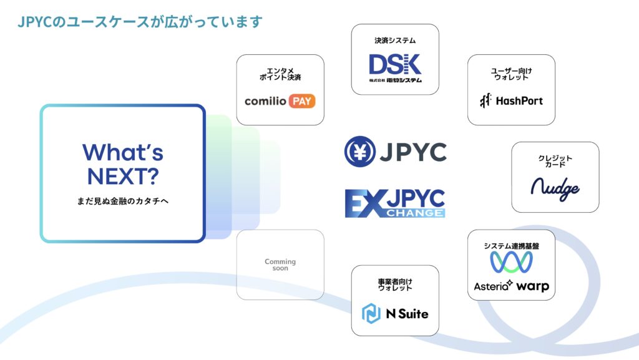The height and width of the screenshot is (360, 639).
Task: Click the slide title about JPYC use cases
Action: pos(140,22)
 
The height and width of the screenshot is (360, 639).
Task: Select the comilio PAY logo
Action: pos(280,100)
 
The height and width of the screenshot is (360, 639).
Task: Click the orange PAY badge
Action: pos(302,100)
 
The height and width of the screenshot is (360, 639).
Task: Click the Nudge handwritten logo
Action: pos(555,188)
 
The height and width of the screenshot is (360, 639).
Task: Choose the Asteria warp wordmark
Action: pos(511,286)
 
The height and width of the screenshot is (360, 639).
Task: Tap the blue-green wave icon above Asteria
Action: pos(511,262)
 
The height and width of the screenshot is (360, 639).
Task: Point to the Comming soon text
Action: pos(280,265)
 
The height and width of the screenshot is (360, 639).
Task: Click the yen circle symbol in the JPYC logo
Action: pos(359,152)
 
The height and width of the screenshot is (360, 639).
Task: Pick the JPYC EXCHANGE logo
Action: pos(394,204)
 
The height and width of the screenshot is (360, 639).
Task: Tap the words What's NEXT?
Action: pos(122,164)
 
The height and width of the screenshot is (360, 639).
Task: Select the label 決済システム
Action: pos(395,41)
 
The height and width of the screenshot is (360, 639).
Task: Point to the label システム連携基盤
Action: pos(511,246)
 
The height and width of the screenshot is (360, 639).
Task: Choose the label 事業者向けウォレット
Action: pos(395,285)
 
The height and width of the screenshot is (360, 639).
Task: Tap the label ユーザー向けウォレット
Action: pos(511,74)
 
